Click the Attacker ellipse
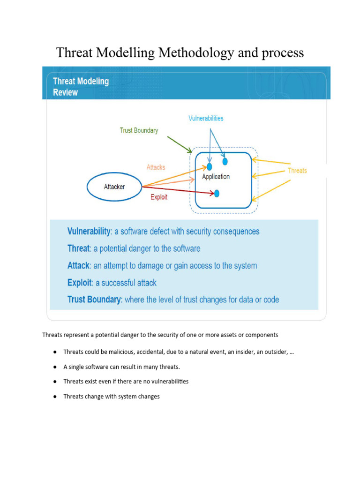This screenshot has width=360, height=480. pyautogui.click(x=114, y=187)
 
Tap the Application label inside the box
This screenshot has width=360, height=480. pyautogui.click(x=216, y=177)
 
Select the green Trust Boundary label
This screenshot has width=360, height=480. pyautogui.click(x=139, y=130)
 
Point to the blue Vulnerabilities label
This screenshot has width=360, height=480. pyautogui.click(x=206, y=118)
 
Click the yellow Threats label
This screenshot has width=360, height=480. pyautogui.click(x=297, y=171)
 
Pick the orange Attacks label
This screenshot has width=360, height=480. pyautogui.click(x=156, y=167)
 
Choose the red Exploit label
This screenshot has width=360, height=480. pyautogui.click(x=159, y=197)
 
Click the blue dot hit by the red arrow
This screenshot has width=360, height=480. pyautogui.click(x=217, y=193)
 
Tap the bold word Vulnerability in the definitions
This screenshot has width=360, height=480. pyautogui.click(x=89, y=232)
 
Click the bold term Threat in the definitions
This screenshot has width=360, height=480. pyautogui.click(x=78, y=248)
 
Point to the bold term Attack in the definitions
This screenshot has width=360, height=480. pyautogui.click(x=78, y=266)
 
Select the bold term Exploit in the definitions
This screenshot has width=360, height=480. pyautogui.click(x=80, y=283)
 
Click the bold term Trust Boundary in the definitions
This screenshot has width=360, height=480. pyautogui.click(x=94, y=300)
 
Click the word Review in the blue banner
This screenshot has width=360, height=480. pyautogui.click(x=65, y=92)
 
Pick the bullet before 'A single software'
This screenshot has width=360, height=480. pyautogui.click(x=55, y=367)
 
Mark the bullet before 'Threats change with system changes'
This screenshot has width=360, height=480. pyautogui.click(x=55, y=397)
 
